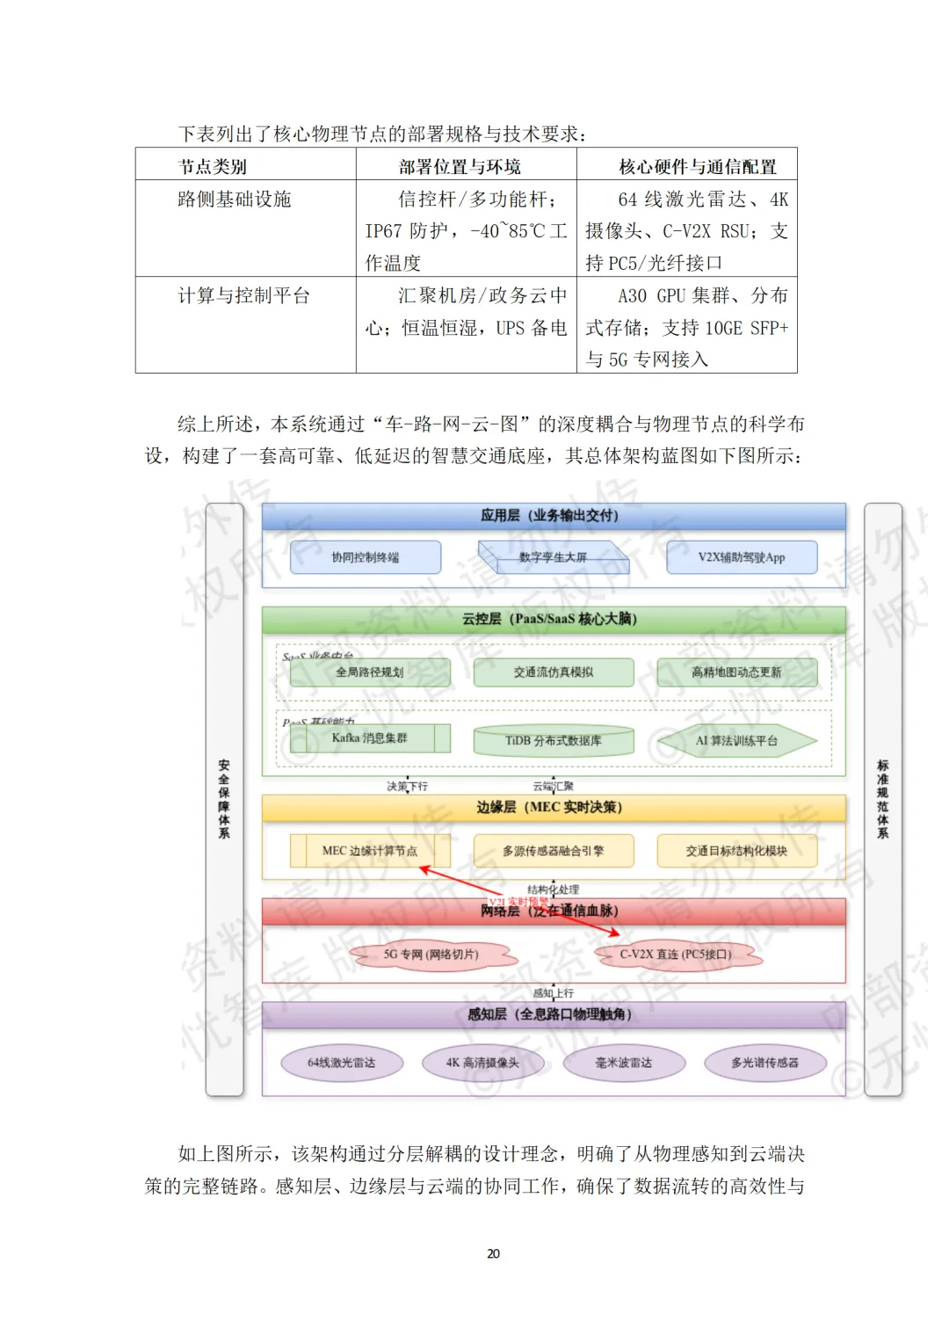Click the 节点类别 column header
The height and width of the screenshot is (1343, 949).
213,166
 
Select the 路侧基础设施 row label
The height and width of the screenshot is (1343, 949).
235,200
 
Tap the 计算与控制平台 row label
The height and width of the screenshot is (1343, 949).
244,295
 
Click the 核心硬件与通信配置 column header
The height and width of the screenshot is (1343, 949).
698,166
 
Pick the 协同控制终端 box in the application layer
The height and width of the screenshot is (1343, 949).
366,557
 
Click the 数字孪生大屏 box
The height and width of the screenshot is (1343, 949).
554,557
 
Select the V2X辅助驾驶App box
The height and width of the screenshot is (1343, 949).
742,557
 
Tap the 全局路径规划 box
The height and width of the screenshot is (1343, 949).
370,672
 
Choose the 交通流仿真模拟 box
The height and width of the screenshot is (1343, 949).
554,672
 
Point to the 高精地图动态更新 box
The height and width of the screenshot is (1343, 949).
736,672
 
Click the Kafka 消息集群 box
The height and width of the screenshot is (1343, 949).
370,738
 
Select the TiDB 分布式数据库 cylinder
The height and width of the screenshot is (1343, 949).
554,741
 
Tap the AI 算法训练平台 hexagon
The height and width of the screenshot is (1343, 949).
736,741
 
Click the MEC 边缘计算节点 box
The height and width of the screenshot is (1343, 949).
370,851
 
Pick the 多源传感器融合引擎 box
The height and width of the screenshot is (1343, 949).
554,851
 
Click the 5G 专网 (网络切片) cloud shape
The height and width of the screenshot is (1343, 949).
431,955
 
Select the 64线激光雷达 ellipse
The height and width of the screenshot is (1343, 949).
342,1063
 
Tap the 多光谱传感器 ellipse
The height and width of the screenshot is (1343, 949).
765,1063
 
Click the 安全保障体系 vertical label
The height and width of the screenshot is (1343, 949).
224,799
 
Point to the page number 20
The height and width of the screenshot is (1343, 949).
493,1253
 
